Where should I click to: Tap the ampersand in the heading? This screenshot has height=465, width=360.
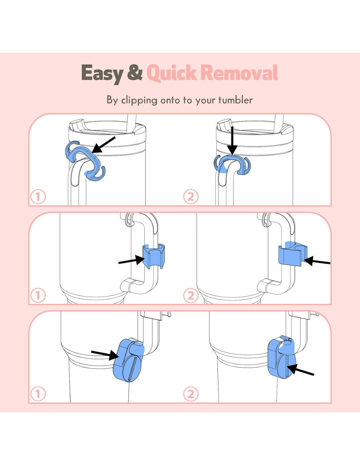click(135, 73)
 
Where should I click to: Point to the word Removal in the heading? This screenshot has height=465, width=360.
click(239, 73)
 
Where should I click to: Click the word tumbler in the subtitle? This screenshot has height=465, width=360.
click(236, 100)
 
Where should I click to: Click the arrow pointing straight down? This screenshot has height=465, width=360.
click(232, 140)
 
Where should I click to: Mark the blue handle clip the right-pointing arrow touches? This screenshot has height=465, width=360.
click(154, 256)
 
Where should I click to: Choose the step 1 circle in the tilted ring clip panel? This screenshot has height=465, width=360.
click(38, 197)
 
